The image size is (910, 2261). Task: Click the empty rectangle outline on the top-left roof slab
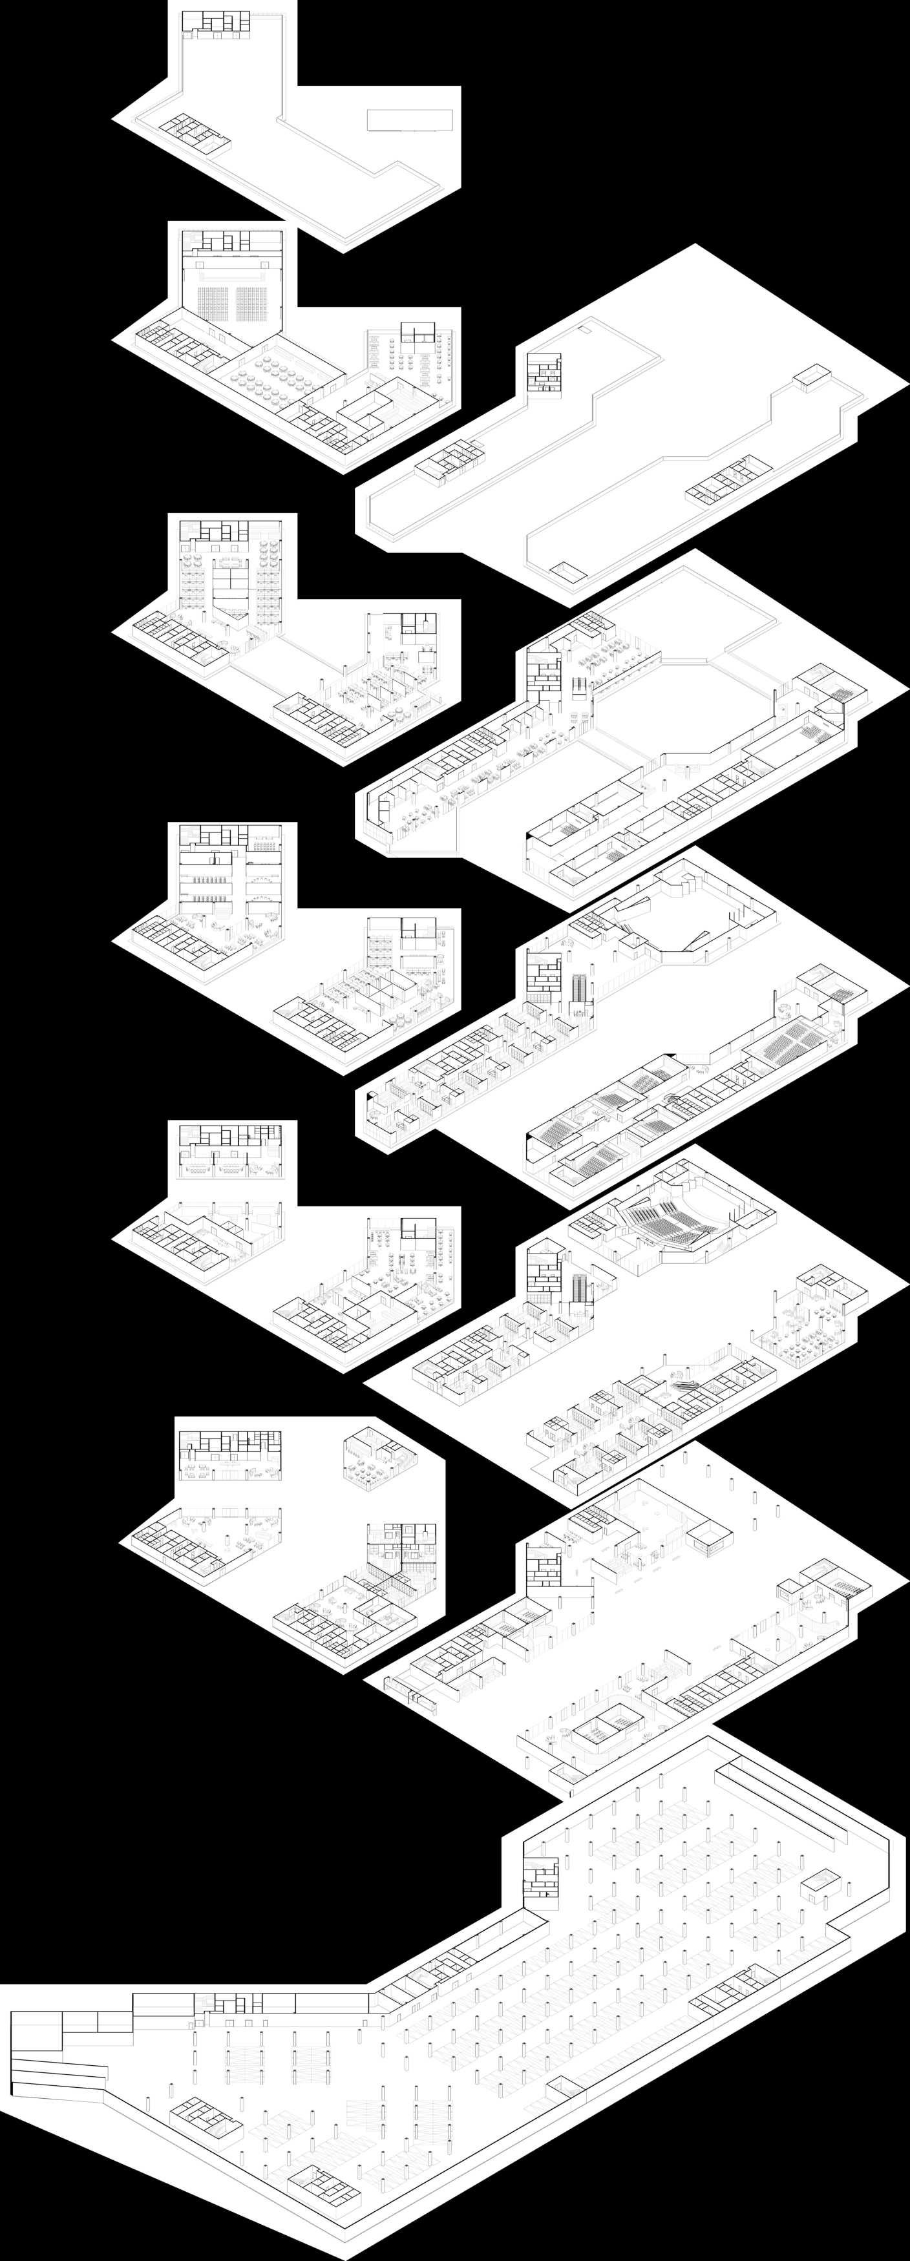point(410,120)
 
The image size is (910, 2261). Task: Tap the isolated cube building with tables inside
point(374,1458)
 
